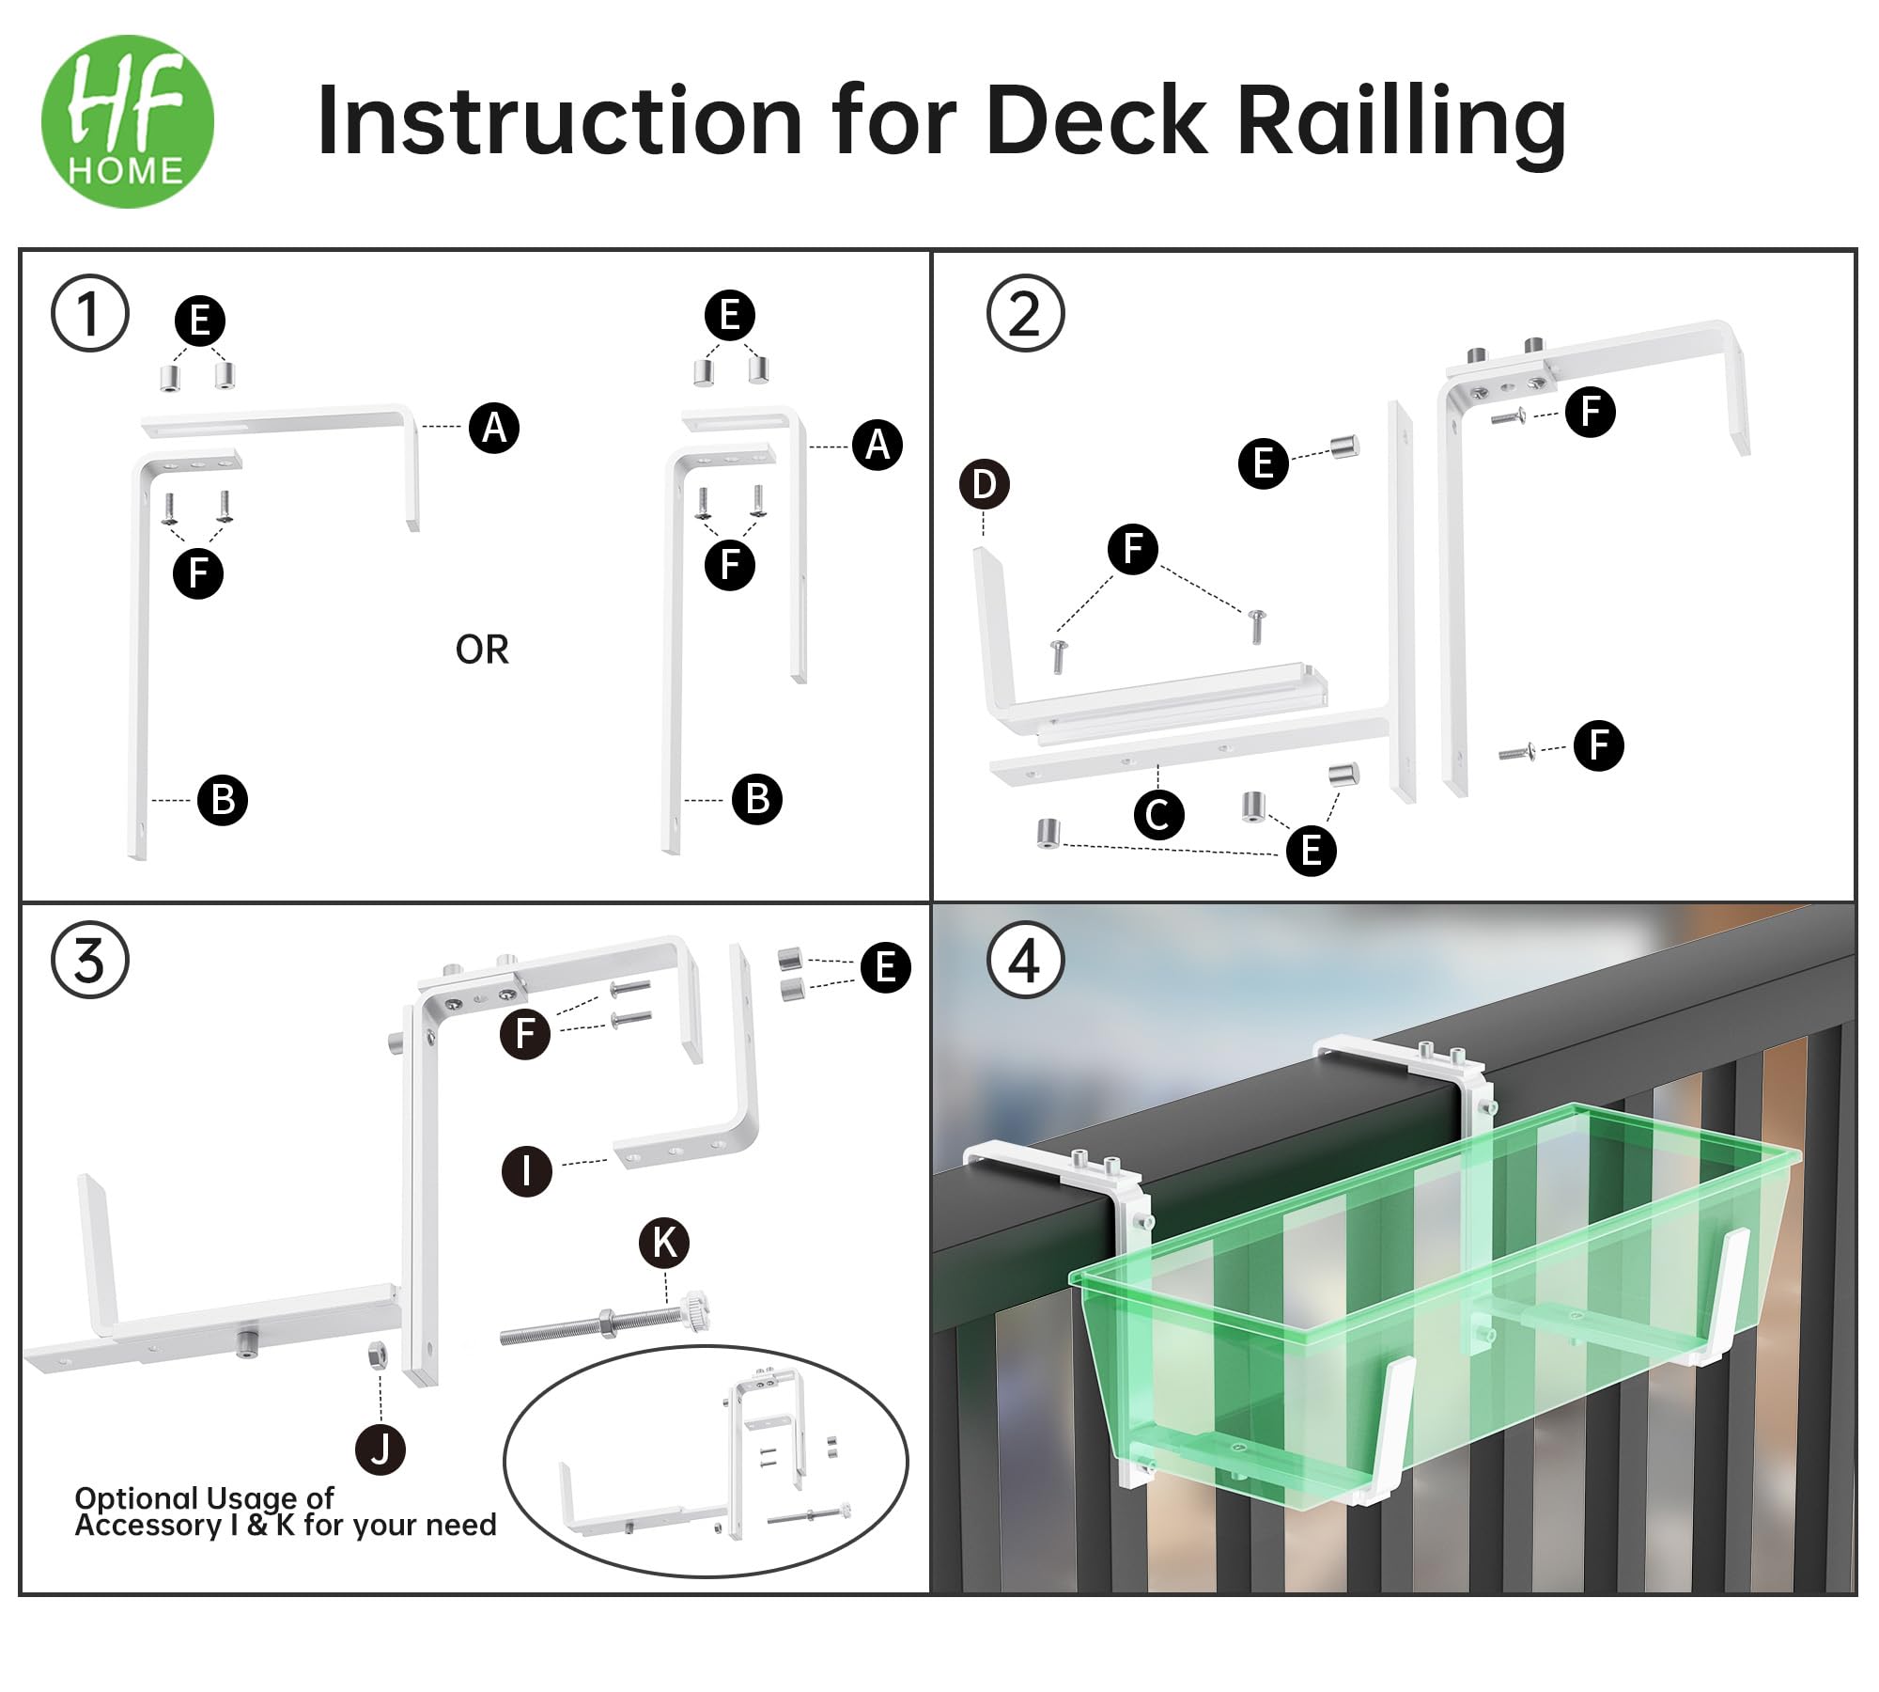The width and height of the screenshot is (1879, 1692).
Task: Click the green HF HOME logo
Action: (128, 121)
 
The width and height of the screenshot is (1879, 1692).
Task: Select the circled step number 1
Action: (89, 313)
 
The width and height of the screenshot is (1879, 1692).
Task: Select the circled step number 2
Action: (1025, 313)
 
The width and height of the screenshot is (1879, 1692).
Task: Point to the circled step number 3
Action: (89, 961)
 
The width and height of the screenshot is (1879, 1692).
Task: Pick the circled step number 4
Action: (1025, 961)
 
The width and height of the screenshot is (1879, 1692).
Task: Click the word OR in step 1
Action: (482, 650)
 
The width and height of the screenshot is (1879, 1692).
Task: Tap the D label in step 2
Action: (984, 484)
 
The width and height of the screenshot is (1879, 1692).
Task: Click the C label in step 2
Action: (1158, 814)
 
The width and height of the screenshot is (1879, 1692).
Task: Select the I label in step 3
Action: (526, 1171)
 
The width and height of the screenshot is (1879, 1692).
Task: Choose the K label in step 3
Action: (664, 1243)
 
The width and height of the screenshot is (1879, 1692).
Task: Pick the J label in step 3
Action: (380, 1449)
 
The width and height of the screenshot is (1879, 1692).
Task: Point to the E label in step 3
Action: (885, 967)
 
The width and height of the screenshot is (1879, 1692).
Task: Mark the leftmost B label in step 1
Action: (223, 800)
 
